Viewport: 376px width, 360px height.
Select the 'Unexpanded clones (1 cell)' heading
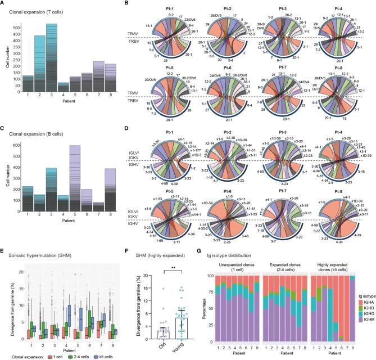tap(234, 269)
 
